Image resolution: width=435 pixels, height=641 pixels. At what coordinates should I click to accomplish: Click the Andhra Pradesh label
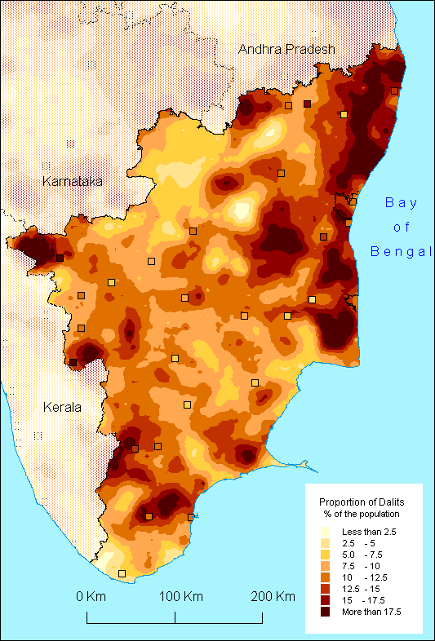[x=286, y=50]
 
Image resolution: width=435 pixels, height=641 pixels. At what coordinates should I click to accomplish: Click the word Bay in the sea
[x=401, y=202]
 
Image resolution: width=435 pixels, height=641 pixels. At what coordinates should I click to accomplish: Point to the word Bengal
[x=401, y=251]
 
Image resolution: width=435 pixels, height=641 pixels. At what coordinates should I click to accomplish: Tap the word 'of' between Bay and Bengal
[x=401, y=227]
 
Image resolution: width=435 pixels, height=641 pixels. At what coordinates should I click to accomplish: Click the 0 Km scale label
[x=91, y=596]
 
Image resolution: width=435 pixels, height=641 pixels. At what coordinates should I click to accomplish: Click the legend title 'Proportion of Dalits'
[x=362, y=502]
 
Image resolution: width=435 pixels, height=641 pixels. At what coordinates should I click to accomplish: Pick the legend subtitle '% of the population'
[x=362, y=514]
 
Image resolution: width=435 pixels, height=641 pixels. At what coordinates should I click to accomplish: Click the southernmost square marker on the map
[x=122, y=574]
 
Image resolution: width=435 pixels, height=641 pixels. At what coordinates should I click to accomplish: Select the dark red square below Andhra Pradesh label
[x=307, y=104]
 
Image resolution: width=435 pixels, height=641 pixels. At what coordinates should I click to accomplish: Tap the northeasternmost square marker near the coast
[x=394, y=91]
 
